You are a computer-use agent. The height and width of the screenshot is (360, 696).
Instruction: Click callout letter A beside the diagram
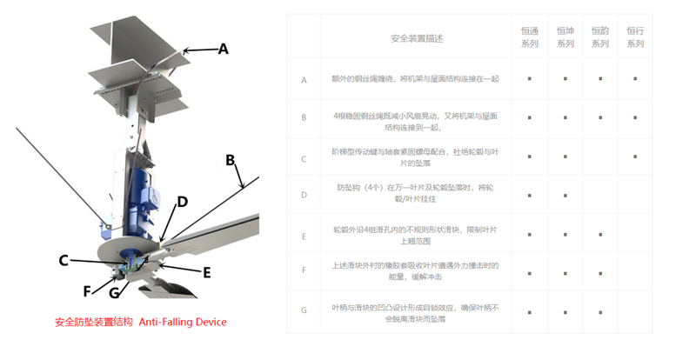223,50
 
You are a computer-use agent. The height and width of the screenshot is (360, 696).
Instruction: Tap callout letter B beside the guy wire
231,160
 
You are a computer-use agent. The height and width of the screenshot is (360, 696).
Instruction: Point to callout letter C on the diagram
64,260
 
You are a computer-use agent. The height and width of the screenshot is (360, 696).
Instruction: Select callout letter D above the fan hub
182,203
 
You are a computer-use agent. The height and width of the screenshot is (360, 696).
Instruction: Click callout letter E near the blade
206,272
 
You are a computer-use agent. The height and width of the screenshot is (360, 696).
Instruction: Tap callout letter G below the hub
114,293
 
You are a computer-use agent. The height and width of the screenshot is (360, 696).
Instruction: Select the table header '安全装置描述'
417,38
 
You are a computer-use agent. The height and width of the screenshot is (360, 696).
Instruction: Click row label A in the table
304,80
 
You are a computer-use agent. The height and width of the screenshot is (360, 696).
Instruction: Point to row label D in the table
304,195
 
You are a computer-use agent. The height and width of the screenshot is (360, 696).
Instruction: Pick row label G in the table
304,310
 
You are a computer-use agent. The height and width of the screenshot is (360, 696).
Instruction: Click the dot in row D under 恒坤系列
565,196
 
